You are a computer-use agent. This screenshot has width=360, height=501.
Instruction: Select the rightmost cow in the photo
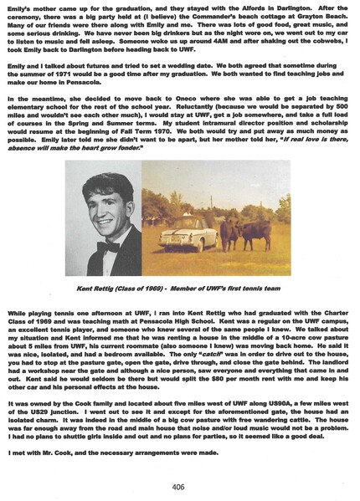251,230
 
